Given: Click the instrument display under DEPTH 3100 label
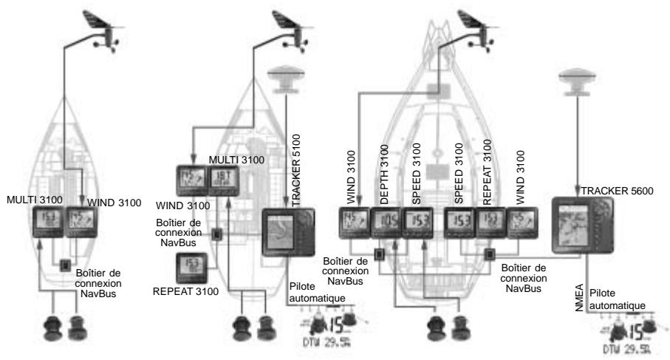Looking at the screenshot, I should [x=385, y=221].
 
